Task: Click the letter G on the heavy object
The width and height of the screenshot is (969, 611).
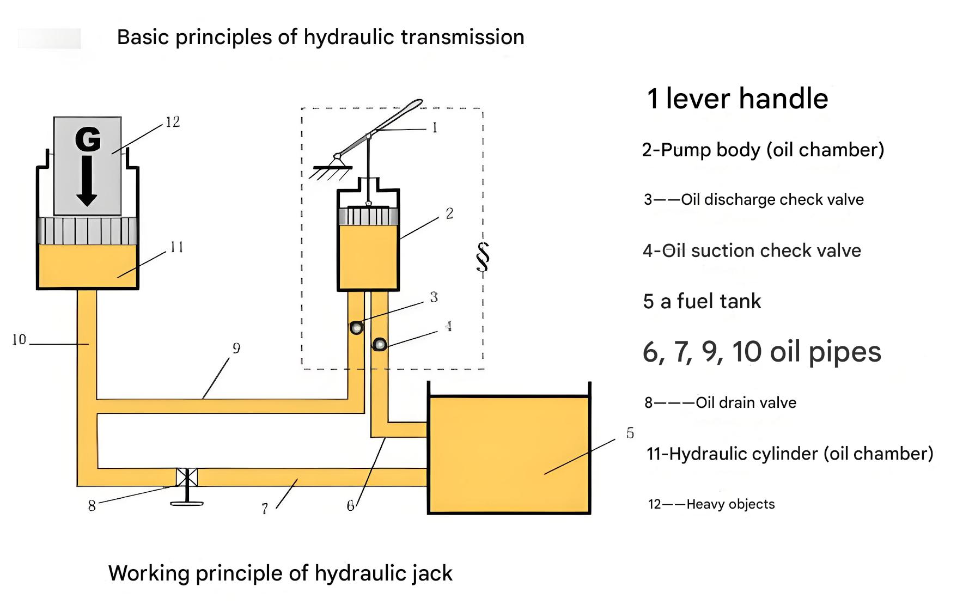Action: point(88,139)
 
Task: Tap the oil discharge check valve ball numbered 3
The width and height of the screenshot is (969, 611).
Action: point(356,328)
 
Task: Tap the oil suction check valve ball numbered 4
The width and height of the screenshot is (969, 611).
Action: point(380,344)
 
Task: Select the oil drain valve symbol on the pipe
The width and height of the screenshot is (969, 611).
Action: point(187,478)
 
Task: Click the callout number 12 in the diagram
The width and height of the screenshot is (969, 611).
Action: point(173,122)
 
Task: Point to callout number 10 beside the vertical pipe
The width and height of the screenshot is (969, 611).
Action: point(19,340)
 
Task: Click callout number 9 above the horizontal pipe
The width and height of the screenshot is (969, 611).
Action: point(236,348)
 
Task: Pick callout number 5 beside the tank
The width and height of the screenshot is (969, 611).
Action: point(630,433)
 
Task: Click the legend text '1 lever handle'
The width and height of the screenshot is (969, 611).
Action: point(737,99)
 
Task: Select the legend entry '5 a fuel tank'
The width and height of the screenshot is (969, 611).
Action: point(702,301)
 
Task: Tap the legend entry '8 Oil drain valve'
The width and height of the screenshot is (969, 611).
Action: point(720,402)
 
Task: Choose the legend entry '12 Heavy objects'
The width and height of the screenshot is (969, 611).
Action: point(711,504)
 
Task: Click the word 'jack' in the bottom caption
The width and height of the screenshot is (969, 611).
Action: point(432,573)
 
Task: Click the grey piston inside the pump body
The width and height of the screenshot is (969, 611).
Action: point(368,216)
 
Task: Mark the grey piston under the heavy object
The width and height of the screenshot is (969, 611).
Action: point(87,230)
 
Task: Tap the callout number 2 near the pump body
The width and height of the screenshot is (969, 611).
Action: point(449,213)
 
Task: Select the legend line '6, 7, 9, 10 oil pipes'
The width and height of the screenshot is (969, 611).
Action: point(761,352)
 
